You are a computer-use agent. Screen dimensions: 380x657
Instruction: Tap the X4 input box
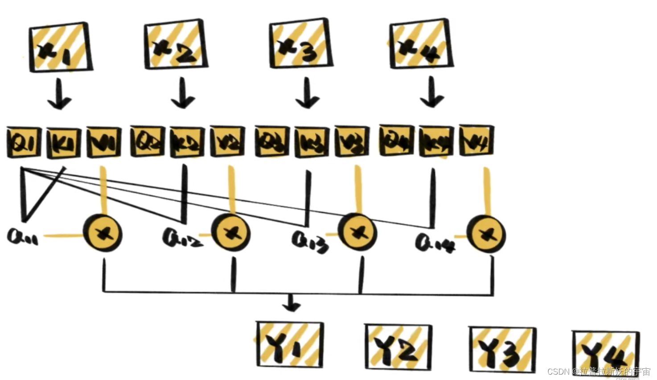tap(421, 44)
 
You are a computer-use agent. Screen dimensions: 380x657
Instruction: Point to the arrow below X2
tap(182, 94)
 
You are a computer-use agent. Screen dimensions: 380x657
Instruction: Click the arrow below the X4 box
tap(431, 93)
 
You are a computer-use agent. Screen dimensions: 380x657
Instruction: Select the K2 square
tap(187, 142)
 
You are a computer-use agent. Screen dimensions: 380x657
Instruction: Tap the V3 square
tap(352, 142)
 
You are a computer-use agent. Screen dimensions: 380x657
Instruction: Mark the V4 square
tap(476, 141)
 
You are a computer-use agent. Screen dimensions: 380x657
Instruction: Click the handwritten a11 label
tap(22, 236)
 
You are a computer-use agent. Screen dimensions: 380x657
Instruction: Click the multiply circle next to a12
tap(230, 233)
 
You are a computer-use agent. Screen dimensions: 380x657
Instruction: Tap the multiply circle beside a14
tap(486, 233)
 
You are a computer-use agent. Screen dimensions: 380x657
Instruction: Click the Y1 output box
tap(290, 344)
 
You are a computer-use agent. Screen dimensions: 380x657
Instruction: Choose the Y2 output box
tap(398, 347)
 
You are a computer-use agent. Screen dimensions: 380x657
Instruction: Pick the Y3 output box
tap(502, 349)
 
